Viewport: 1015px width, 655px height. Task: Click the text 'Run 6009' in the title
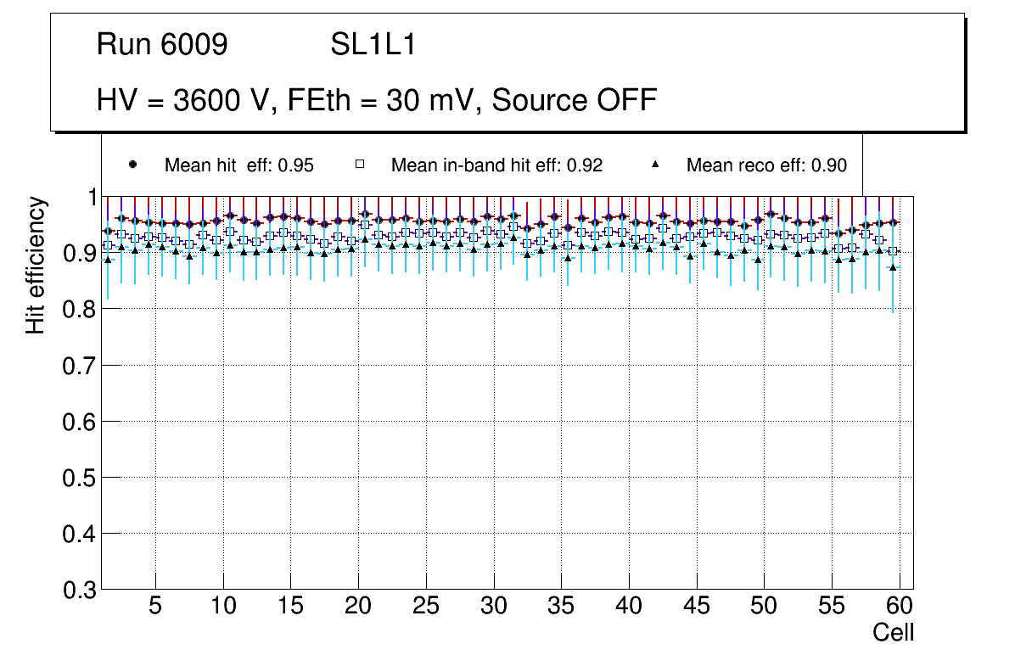click(162, 45)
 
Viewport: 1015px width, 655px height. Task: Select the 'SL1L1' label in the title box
click(373, 45)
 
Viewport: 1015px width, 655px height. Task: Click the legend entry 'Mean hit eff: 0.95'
click(239, 165)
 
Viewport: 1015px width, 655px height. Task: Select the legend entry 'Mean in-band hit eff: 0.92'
click(496, 165)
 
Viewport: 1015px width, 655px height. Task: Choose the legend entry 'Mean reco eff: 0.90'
click(766, 165)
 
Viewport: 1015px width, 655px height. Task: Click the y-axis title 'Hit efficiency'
click(36, 265)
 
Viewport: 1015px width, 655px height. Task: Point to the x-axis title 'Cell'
click(894, 633)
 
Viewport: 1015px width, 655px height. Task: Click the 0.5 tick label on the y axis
click(78, 478)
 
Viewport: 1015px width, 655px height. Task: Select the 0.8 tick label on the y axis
click(78, 310)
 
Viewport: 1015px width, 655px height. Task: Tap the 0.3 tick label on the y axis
click(78, 590)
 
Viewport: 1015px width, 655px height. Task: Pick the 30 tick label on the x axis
click(493, 606)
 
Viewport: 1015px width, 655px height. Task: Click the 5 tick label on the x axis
click(154, 606)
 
